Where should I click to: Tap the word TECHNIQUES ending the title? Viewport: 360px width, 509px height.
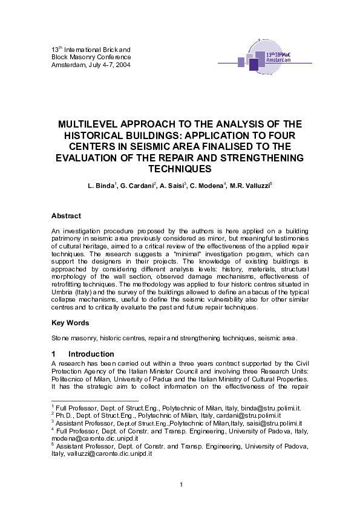[180, 169]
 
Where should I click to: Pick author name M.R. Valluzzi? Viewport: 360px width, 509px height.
[252, 184]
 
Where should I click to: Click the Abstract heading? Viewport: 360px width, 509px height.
[66, 216]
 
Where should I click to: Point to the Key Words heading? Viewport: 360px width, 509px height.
[70, 323]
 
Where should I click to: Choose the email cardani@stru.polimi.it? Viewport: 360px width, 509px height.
[241, 417]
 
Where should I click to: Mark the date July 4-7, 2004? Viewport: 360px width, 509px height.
[101, 65]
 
